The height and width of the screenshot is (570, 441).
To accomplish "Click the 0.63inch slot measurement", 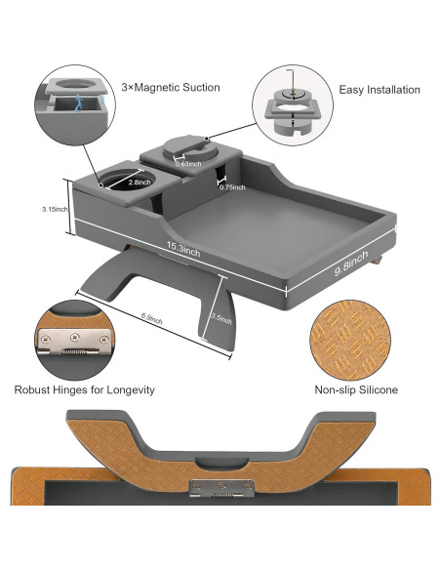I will tap(189, 164).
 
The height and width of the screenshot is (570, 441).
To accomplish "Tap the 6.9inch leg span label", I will tap(151, 318).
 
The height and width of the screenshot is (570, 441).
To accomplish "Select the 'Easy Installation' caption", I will tap(380, 90).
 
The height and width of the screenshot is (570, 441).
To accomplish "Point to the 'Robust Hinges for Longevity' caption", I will tap(84, 389).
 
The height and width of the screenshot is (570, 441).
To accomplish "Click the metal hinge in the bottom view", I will tap(220, 488).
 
